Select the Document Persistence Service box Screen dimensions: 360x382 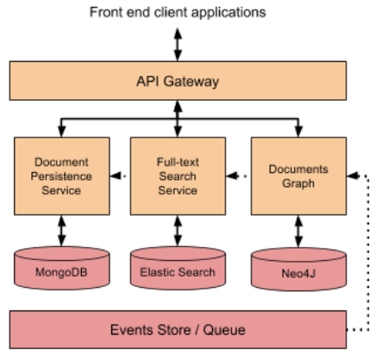[62, 175]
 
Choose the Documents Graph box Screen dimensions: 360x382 [293, 175]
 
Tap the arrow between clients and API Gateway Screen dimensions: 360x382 [178, 43]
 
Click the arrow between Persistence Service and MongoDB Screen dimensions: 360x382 [62, 230]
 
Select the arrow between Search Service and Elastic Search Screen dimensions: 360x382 [178, 230]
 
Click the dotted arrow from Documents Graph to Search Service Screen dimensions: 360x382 [238, 176]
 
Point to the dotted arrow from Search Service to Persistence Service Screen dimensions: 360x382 [120, 176]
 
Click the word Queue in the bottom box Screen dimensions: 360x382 [223, 330]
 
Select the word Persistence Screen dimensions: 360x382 [62, 176]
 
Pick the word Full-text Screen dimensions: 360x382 [178, 163]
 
